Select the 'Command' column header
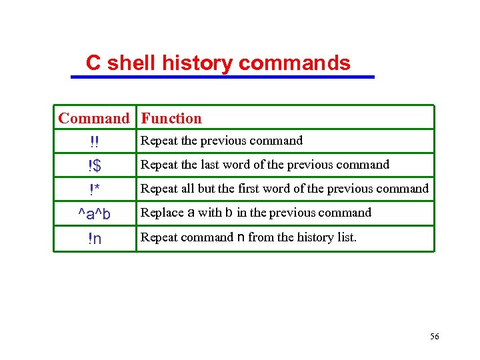click(94, 119)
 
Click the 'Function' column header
click(171, 119)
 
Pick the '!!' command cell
click(95, 142)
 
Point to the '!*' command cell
click(95, 190)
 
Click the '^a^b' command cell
click(95, 214)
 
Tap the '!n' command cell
click(95, 239)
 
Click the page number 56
click(434, 337)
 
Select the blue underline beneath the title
click(223, 77)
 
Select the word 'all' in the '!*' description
click(187, 189)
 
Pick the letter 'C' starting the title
click(93, 63)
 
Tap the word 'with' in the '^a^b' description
click(209, 213)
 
